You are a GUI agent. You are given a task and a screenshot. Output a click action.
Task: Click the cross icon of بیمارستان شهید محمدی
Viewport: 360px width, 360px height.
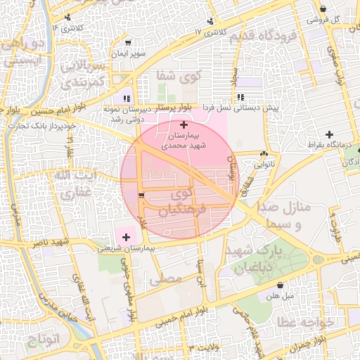[184, 124]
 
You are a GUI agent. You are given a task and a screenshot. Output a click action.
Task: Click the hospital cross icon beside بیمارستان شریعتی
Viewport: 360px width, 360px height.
[127, 238]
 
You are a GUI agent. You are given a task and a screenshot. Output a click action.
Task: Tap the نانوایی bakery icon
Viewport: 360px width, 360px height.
[264, 155]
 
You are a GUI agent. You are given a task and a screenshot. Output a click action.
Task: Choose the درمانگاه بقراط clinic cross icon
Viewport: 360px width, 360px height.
[328, 134]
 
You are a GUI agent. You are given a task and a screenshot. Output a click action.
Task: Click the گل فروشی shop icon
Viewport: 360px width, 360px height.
[323, 8]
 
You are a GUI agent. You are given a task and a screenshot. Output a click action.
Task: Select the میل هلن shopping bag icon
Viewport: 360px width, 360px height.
[281, 286]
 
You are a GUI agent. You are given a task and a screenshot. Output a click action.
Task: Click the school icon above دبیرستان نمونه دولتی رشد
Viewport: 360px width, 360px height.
[127, 98]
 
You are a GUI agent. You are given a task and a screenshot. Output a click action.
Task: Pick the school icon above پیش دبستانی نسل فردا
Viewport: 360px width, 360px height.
[240, 97]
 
